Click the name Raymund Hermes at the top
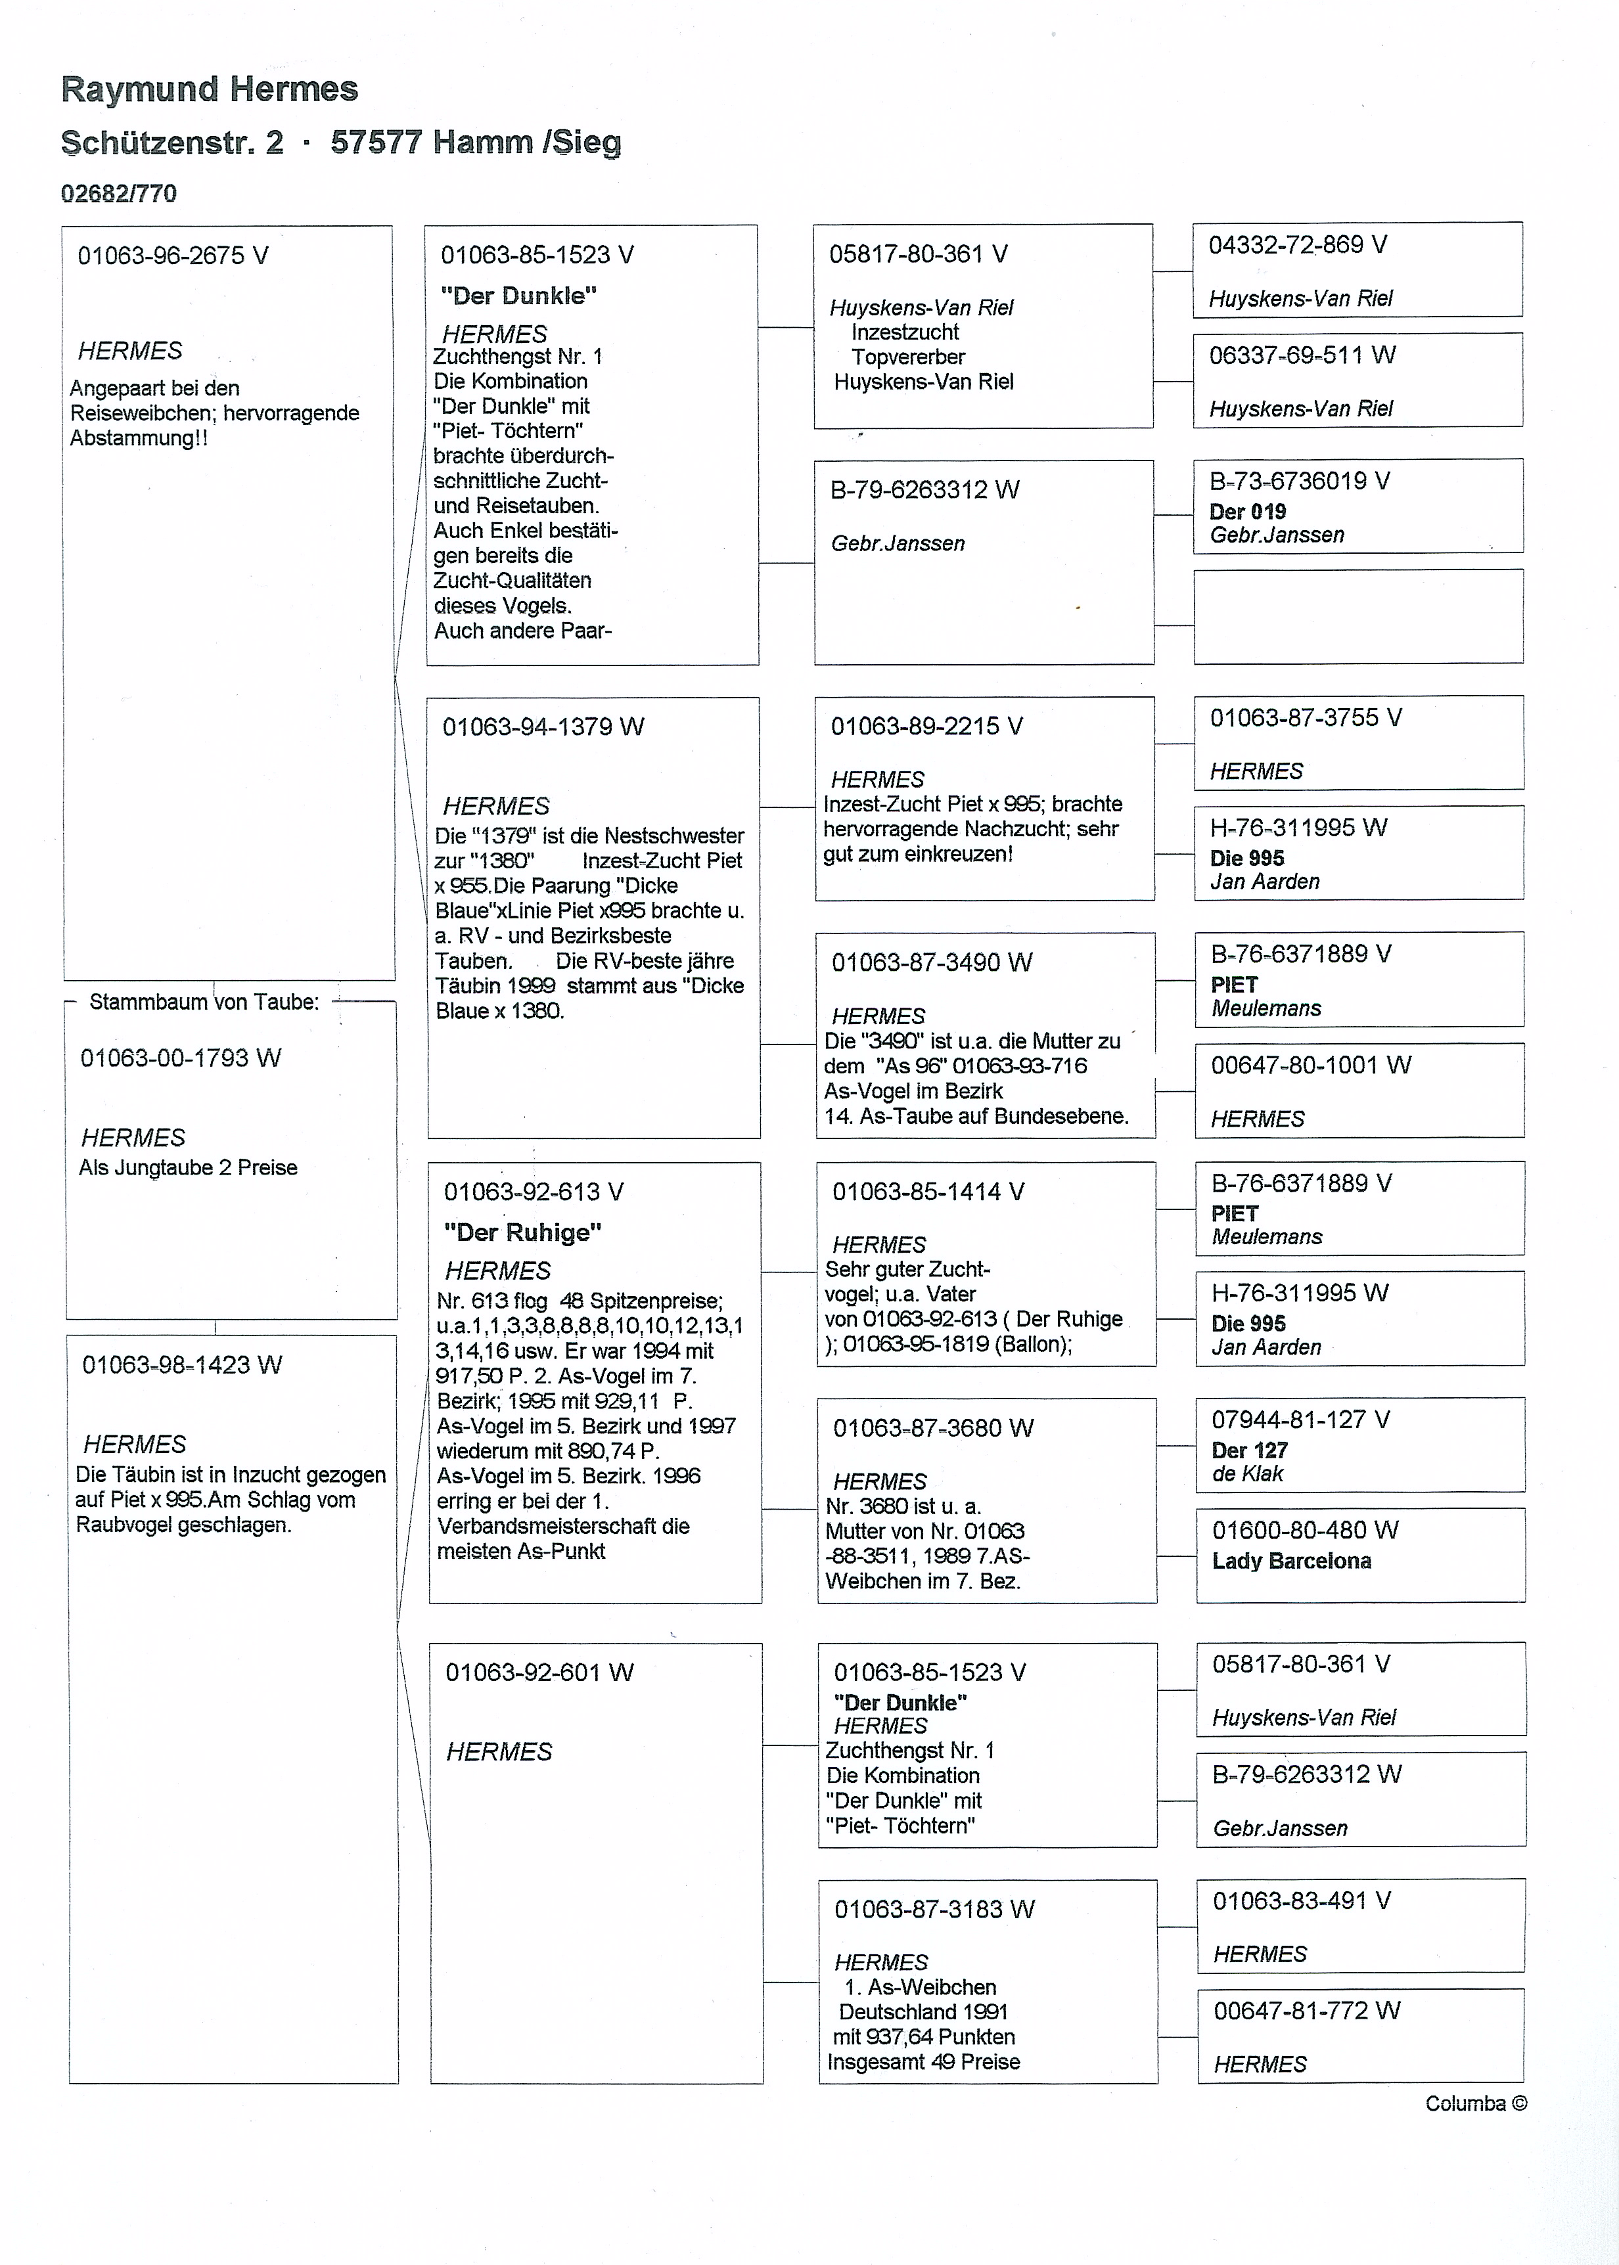[210, 90]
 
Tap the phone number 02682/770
[119, 193]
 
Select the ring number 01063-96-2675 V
[172, 256]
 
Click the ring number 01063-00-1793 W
[181, 1058]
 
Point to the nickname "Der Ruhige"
[522, 1232]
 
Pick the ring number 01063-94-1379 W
[543, 727]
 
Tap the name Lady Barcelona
[1291, 1561]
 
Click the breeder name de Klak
[1247, 1474]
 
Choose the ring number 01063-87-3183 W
[934, 1909]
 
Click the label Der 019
[1247, 512]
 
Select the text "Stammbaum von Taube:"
[204, 1002]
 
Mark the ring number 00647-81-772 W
[1306, 2011]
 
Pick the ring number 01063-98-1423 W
[181, 1365]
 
